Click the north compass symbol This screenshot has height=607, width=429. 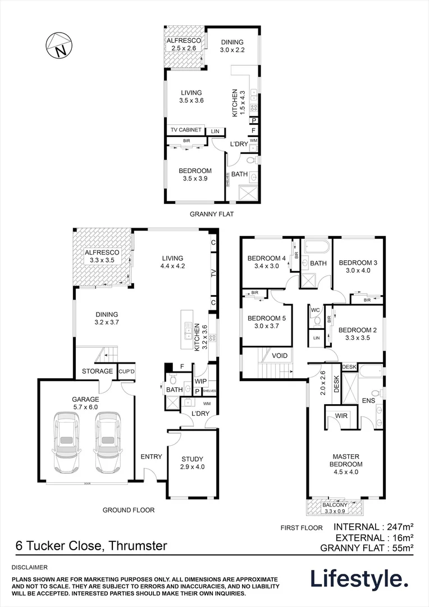click(60, 45)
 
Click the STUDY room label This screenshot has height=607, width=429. click(192, 459)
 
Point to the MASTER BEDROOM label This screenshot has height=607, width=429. click(345, 460)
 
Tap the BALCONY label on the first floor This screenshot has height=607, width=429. click(335, 505)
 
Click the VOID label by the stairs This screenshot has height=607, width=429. click(280, 356)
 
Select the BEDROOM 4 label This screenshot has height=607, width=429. click(267, 259)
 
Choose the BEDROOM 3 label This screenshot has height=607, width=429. click(358, 262)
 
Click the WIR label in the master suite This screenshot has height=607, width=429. click(340, 416)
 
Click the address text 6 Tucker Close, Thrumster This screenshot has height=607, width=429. click(90, 545)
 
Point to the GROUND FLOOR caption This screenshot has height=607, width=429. click(129, 510)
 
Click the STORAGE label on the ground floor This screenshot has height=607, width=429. click(98, 372)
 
